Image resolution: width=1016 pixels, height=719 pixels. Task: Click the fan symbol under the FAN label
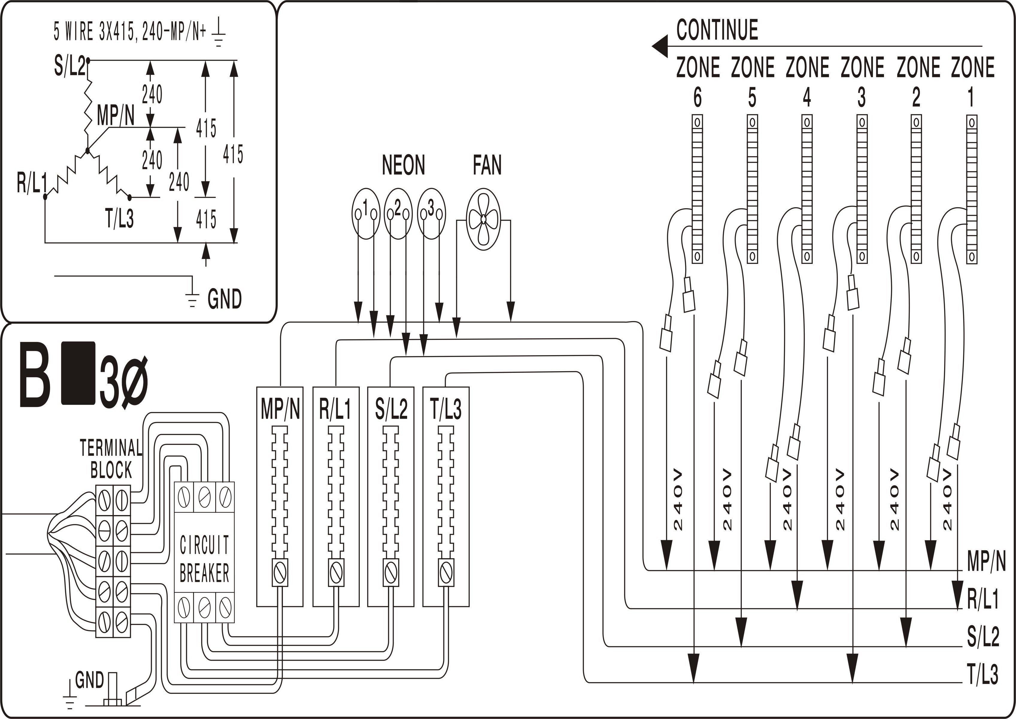coord(483,219)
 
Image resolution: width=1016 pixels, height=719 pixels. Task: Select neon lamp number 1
coord(366,214)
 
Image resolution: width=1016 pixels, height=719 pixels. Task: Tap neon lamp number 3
coord(431,214)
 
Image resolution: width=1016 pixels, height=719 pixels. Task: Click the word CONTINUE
coord(717,30)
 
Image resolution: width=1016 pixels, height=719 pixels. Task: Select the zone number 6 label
coord(697,97)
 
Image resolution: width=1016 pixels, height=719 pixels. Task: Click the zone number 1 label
coord(971,97)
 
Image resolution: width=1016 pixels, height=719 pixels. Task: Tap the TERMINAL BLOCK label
coord(111,459)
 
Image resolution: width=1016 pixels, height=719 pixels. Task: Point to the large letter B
coord(34,379)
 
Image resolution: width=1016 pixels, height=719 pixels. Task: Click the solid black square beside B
coord(78,373)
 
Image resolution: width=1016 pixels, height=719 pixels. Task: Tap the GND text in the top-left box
coord(224,299)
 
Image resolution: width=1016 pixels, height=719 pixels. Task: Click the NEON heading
coord(403,165)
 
